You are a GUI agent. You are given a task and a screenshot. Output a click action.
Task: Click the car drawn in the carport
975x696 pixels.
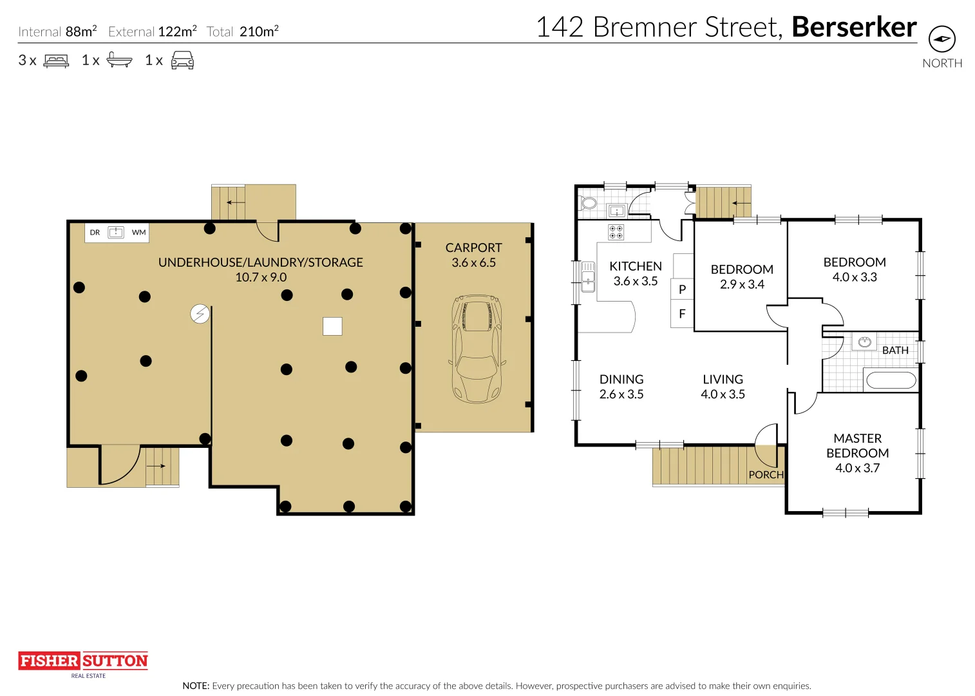pyautogui.click(x=477, y=349)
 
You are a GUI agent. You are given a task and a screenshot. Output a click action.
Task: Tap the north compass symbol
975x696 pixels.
pyautogui.click(x=942, y=39)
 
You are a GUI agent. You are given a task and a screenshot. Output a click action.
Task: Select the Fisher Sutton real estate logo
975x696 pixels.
pyautogui.click(x=83, y=661)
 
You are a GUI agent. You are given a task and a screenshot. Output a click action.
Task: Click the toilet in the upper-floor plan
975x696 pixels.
pyautogui.click(x=589, y=203)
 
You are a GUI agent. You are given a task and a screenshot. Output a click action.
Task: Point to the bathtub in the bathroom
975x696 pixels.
pyautogui.click(x=891, y=380)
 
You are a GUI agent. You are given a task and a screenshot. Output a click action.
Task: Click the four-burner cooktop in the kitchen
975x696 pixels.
pyautogui.click(x=616, y=232)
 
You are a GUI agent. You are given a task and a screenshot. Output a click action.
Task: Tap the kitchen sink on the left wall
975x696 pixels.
pyautogui.click(x=588, y=277)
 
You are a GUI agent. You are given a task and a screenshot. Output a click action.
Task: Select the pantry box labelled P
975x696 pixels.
pyautogui.click(x=682, y=289)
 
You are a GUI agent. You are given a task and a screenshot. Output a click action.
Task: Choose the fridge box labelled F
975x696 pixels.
pyautogui.click(x=682, y=314)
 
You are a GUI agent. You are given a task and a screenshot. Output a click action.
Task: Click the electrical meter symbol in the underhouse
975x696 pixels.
pyautogui.click(x=200, y=314)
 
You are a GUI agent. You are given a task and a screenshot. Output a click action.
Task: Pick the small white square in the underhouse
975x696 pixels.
pyautogui.click(x=332, y=326)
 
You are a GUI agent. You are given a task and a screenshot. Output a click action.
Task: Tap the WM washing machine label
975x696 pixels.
pyautogui.click(x=138, y=233)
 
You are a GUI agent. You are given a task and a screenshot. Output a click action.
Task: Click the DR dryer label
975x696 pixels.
pyautogui.click(x=95, y=233)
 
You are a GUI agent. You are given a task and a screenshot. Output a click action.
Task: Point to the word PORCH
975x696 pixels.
pyautogui.click(x=766, y=475)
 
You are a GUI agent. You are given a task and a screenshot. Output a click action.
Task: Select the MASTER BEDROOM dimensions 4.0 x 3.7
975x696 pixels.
pyautogui.click(x=857, y=469)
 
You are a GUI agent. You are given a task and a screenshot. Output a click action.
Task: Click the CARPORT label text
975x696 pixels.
pyautogui.click(x=473, y=248)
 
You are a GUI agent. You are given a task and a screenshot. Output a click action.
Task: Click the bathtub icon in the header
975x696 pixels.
pyautogui.click(x=119, y=61)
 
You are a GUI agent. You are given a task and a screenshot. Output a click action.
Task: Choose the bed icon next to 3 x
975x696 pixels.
pyautogui.click(x=56, y=61)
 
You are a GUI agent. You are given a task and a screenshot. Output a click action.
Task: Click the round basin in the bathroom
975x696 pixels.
pyautogui.click(x=864, y=342)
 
